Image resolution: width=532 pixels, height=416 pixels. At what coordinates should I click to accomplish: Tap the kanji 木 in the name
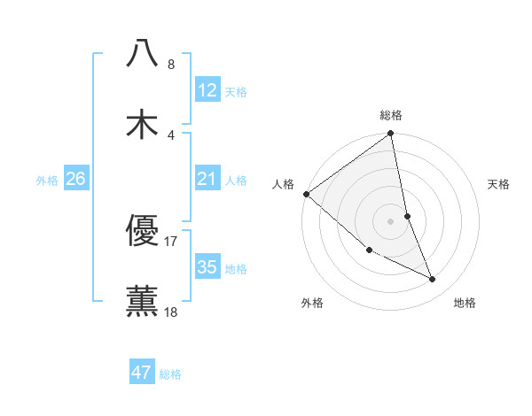(142, 123)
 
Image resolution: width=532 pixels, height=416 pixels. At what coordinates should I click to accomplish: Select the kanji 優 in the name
(142, 231)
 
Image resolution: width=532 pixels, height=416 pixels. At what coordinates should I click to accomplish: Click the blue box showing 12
(207, 90)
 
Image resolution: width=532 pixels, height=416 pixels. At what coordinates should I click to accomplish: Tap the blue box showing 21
(207, 180)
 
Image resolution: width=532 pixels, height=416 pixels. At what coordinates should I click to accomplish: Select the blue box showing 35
(207, 267)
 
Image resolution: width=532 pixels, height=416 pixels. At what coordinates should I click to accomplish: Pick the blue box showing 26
(75, 180)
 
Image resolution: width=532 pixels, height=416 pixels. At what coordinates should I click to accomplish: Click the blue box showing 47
(142, 373)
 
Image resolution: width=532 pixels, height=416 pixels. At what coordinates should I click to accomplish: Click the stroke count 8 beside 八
(171, 65)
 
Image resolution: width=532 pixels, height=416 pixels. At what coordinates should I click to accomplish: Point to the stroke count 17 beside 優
(171, 241)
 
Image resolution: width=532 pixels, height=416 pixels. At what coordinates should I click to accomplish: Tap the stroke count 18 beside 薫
(171, 312)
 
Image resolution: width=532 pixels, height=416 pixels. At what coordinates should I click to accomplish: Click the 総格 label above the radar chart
(391, 115)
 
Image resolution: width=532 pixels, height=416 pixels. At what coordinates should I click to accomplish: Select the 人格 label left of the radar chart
(283, 184)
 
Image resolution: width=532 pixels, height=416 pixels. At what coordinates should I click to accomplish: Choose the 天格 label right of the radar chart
(498, 184)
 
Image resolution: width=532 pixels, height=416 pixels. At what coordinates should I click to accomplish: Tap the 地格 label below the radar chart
(465, 303)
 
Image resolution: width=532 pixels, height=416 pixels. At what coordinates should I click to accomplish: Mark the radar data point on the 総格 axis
(391, 135)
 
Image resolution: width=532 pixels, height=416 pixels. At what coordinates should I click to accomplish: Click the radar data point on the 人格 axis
(306, 194)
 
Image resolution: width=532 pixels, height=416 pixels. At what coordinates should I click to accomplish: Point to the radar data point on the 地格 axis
(433, 280)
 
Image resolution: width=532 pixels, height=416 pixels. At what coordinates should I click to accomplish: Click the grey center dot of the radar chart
(391, 221)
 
